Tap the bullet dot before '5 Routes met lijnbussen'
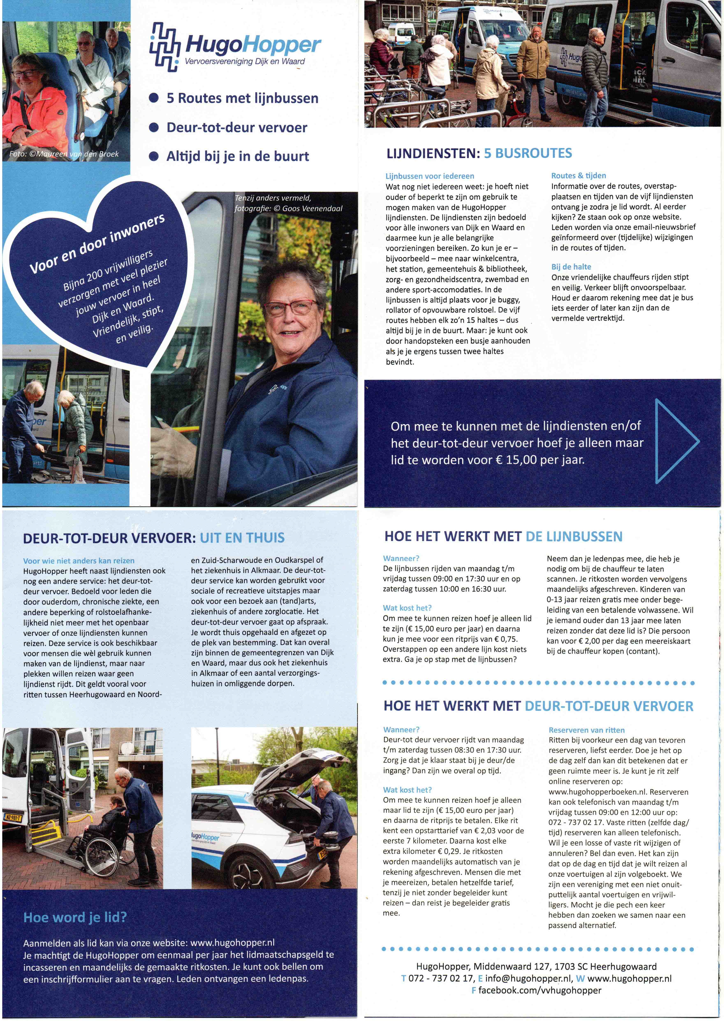coord(154,99)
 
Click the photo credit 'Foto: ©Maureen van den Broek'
coord(64,154)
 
